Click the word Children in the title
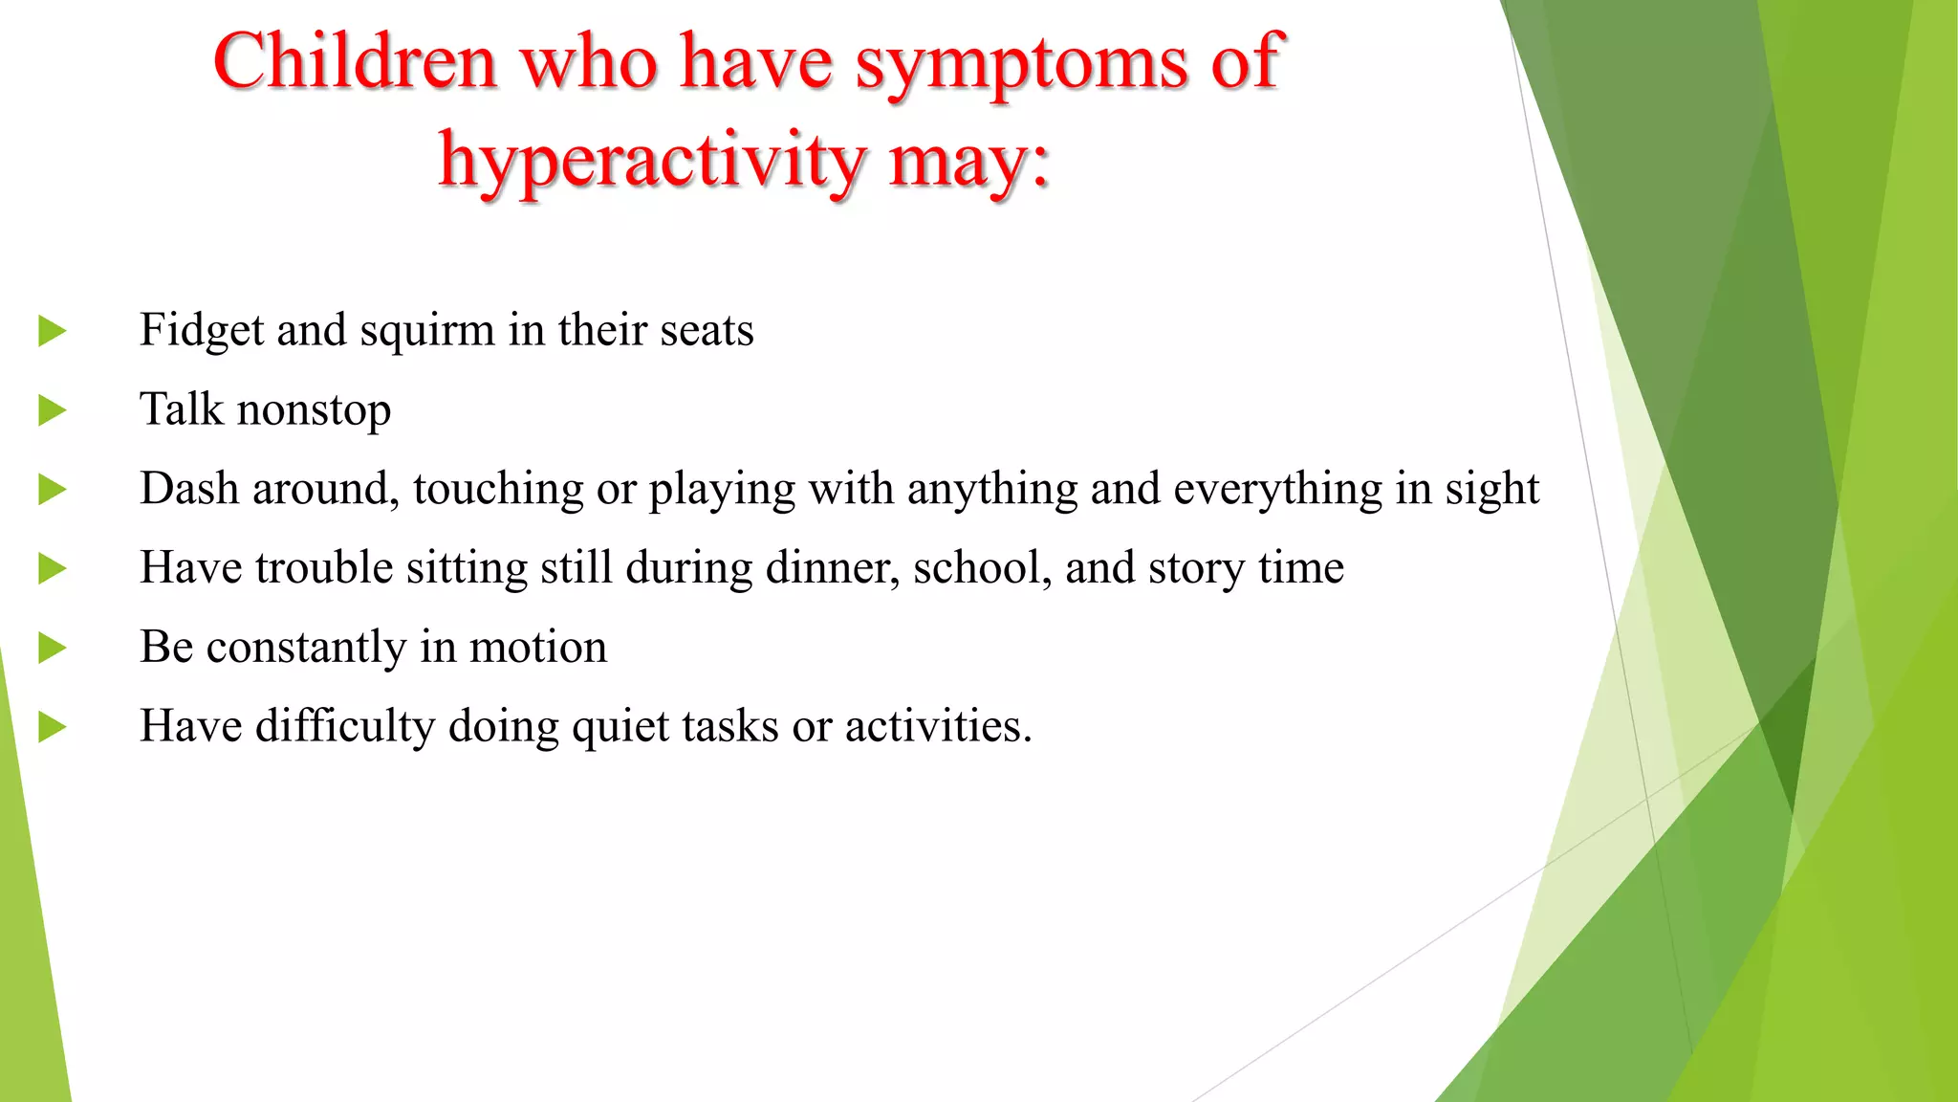[355, 61]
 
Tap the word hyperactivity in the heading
[651, 161]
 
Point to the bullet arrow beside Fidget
[52, 332]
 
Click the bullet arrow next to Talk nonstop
[52, 411]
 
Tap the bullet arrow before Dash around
[52, 491]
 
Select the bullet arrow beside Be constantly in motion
[52, 649]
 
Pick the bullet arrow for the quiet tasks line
[52, 728]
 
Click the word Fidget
[201, 331]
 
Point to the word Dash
[188, 489]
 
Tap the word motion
[537, 648]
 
